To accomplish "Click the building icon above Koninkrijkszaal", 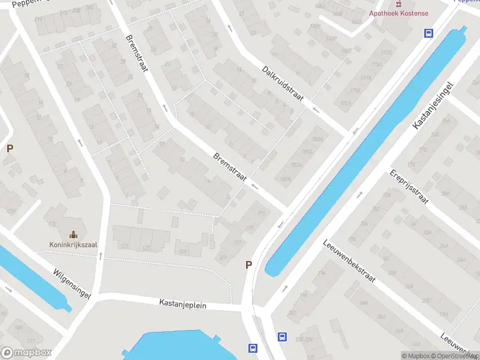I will click(x=74, y=234).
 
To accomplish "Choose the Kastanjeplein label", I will click(x=183, y=305).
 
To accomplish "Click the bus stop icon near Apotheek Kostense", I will click(x=428, y=34).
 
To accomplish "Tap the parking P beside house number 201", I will click(x=248, y=265).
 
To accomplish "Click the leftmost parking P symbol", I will click(x=10, y=148).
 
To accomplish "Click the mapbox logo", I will click(x=26, y=353).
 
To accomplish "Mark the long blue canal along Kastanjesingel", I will click(x=366, y=150).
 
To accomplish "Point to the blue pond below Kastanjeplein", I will click(x=180, y=346).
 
